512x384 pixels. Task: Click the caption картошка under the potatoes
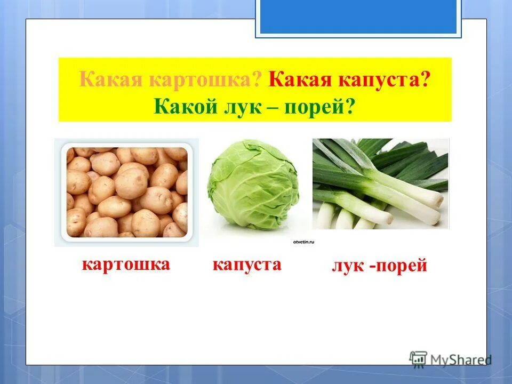(126, 264)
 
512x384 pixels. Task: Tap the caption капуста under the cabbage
(247, 265)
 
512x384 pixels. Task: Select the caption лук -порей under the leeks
(380, 266)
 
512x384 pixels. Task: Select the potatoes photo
(126, 193)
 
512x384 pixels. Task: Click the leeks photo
(380, 184)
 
